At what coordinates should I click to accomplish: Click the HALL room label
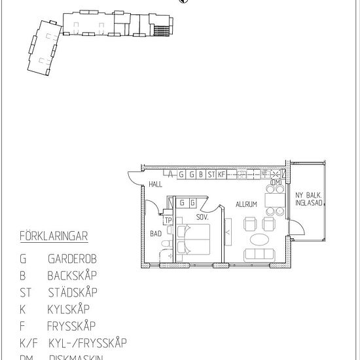(155, 185)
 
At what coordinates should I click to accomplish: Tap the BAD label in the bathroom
(155, 233)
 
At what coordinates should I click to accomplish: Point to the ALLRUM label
(247, 204)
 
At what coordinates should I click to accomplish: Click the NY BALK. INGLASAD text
(308, 199)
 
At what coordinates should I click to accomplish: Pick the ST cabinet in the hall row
(211, 175)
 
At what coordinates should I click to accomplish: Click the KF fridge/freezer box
(222, 175)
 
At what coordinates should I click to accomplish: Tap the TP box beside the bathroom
(168, 220)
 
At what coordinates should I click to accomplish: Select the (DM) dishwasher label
(275, 181)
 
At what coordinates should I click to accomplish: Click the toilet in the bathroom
(164, 247)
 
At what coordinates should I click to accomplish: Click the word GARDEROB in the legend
(75, 259)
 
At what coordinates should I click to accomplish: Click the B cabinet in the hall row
(200, 175)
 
